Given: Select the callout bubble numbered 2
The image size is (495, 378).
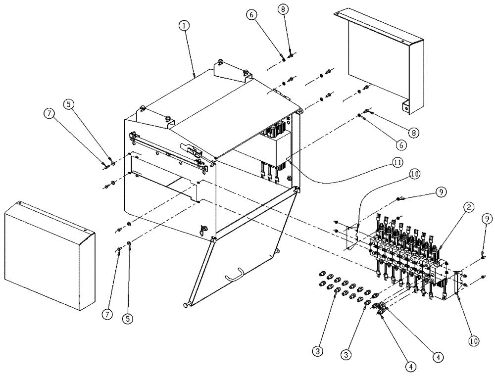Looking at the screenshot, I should point(468,209).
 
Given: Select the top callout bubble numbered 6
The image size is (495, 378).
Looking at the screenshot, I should point(251,15).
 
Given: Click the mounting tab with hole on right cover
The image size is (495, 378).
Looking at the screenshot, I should point(405,105).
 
